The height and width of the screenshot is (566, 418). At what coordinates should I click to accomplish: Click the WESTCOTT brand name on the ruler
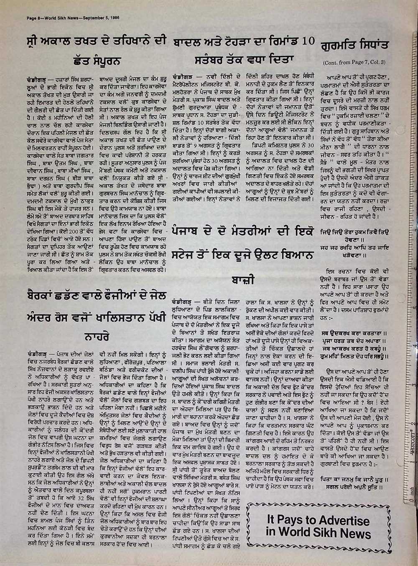click(410, 442)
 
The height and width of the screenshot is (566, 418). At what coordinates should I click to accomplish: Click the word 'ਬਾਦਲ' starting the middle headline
click(188, 42)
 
